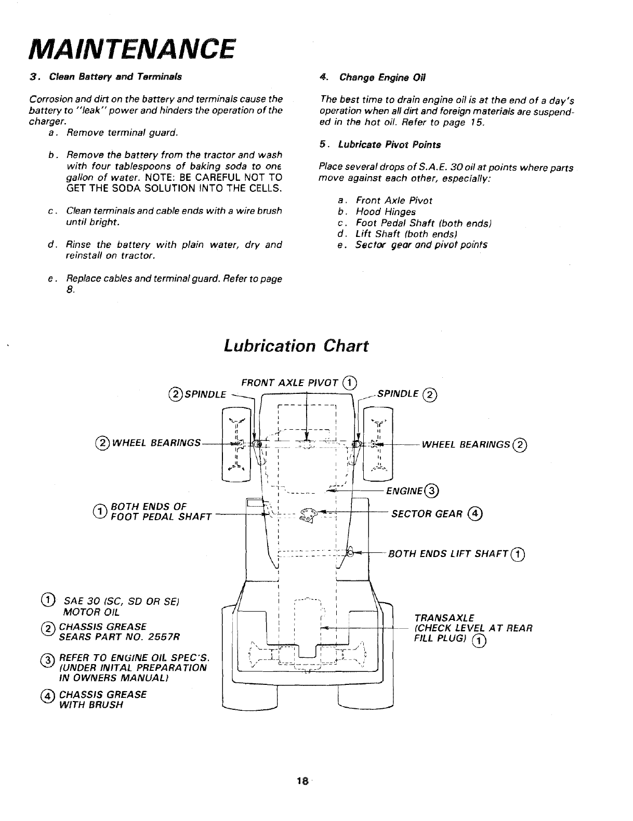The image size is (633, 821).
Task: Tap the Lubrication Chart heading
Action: [296, 346]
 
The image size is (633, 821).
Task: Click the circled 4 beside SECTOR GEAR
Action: [474, 514]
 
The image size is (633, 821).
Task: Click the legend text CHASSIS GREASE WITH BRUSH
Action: [103, 699]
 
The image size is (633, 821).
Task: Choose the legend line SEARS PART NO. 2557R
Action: [120, 637]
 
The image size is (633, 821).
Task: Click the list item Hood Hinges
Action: [386, 211]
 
